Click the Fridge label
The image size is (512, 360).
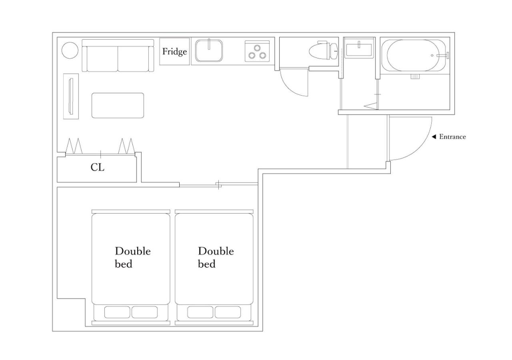coord(174,52)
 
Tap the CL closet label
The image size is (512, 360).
coord(97,167)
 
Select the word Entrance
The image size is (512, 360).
coord(452,137)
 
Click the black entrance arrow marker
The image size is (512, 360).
coord(434,137)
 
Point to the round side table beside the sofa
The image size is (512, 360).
coord(70,50)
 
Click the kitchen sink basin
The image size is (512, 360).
coord(209,51)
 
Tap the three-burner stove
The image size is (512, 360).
coord(257,51)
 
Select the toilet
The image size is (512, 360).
coord(323,50)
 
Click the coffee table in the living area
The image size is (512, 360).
coord(118,105)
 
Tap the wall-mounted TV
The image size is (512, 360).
coord(71,96)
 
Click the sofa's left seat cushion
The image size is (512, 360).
coord(102,59)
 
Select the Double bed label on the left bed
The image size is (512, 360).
coord(132,257)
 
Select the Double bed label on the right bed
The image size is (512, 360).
coord(216,257)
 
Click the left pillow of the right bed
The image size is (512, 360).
coord(200,312)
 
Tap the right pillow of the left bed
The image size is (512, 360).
coord(144,312)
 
